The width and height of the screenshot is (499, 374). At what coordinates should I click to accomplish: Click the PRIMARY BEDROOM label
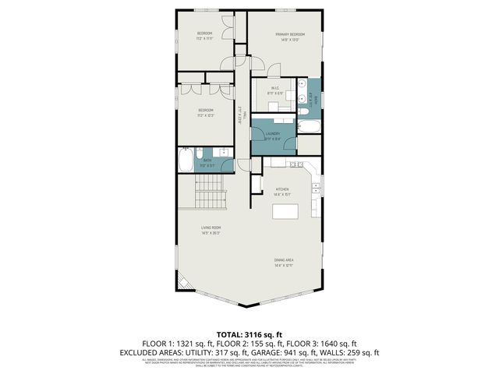288,35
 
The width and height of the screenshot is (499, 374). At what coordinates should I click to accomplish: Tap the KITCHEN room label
282,189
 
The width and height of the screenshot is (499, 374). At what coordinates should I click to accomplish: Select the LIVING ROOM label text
211,228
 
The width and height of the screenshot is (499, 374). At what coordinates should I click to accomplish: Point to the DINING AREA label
283,260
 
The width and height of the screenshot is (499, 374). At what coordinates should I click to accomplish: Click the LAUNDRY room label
272,133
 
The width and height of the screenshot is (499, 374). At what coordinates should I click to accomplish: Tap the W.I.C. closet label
275,88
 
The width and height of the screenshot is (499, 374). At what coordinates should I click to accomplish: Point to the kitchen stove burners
315,187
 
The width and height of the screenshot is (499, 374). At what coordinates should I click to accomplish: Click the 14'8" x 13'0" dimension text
288,41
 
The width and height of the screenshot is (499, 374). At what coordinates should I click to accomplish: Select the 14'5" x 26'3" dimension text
211,233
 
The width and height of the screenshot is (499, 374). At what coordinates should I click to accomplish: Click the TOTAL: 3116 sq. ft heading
249,334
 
